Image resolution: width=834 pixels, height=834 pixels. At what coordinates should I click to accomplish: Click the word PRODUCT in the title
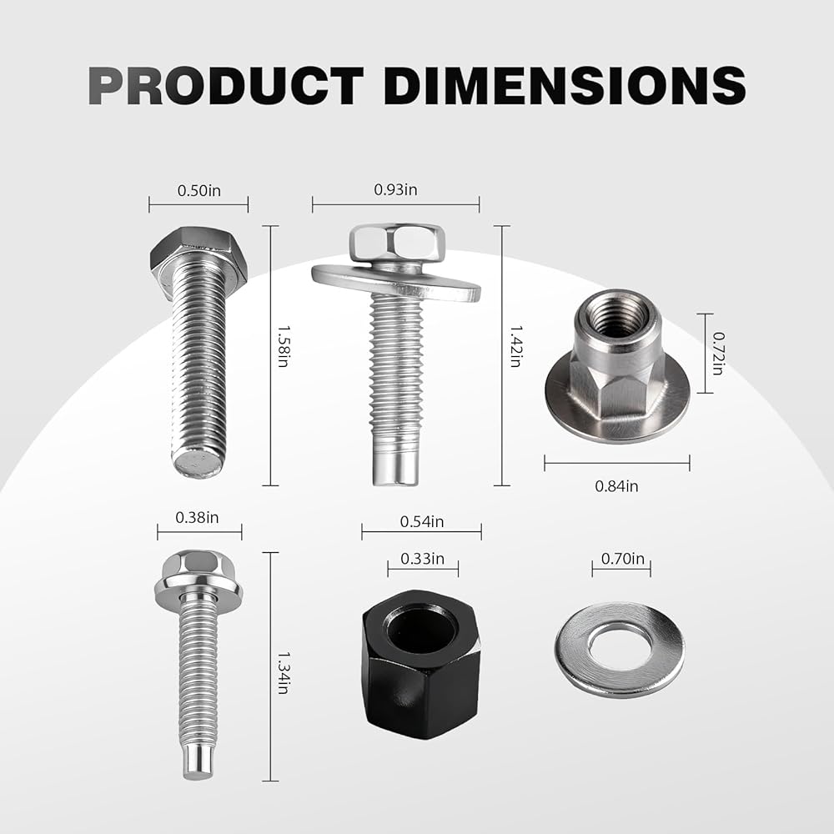(226, 85)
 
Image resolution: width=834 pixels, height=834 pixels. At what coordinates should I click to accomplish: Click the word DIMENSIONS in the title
(565, 85)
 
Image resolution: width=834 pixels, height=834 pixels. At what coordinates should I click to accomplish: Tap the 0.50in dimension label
(199, 190)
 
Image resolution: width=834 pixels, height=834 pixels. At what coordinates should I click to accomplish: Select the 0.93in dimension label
(395, 189)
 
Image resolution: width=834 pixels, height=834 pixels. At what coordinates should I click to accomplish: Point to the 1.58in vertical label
(283, 346)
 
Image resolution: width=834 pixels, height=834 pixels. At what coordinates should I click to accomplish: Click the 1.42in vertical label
(515, 346)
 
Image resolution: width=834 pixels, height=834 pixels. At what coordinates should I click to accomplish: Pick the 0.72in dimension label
(718, 354)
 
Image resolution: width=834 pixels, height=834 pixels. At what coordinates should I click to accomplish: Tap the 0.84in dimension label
(616, 486)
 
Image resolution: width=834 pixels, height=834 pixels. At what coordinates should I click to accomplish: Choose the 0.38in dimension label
(197, 518)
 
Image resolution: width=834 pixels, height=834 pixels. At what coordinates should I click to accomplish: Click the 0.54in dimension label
(422, 522)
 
